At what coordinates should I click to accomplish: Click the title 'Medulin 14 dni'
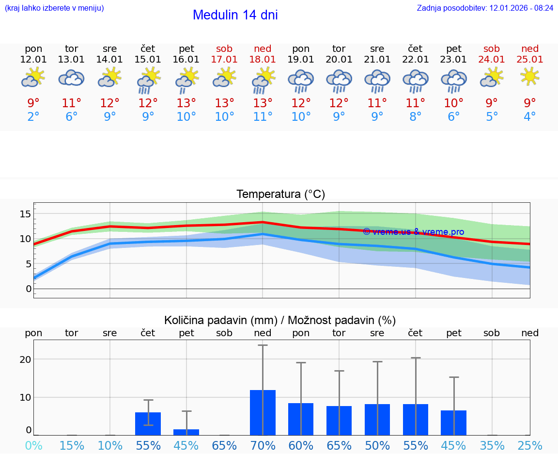tap(235, 15)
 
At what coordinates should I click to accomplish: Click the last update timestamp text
tap(485, 8)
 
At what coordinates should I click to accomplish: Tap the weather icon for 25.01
tap(530, 76)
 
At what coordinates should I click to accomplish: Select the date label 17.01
tap(224, 60)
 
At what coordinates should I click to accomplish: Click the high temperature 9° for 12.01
tap(33, 103)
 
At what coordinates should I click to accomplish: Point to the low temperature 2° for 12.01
tap(33, 117)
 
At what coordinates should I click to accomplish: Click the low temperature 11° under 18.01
tap(263, 117)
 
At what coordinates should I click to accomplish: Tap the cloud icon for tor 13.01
tap(71, 78)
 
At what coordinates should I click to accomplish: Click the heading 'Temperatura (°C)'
tap(280, 195)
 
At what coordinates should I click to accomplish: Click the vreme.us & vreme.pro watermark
tap(414, 232)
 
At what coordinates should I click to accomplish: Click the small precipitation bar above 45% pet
tap(186, 432)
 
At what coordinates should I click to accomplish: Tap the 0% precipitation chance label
tap(33, 445)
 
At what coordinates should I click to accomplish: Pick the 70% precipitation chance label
tap(263, 445)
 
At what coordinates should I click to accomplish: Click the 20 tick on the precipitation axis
tap(25, 359)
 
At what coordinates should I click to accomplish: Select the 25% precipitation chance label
tap(530, 445)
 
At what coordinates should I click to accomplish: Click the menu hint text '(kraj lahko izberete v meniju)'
tap(54, 8)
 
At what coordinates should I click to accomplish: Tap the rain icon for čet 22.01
tap(415, 81)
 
